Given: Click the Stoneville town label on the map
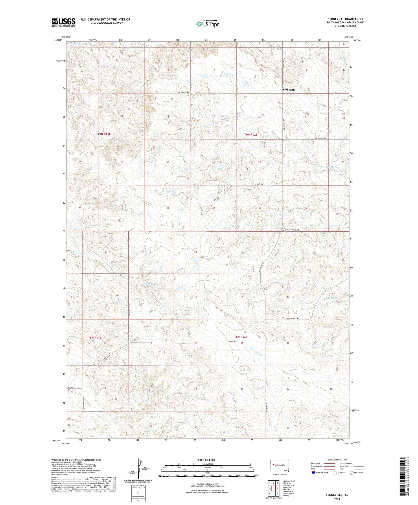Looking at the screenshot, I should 289,90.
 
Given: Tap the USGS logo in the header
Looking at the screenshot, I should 64,22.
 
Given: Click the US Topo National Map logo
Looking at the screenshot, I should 208,24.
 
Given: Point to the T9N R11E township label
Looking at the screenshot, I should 104,134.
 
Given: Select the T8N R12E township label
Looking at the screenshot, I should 241,337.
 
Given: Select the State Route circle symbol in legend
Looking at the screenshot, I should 352,473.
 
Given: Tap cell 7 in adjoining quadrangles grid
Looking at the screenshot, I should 274,493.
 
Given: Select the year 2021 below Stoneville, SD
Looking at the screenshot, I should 337,499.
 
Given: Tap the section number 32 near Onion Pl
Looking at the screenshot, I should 213,208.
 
